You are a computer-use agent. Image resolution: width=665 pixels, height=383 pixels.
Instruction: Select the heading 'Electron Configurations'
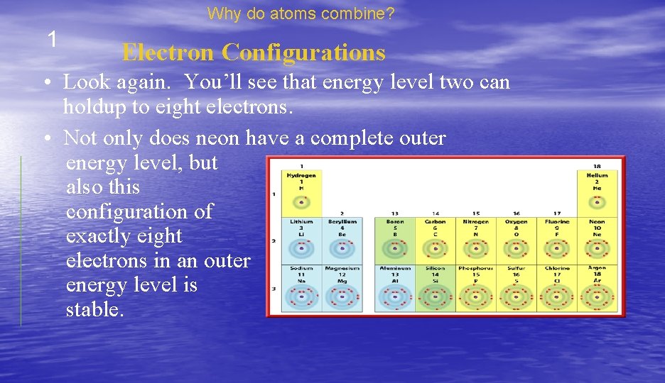254,52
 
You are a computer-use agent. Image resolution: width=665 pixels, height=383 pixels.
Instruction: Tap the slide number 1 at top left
52,40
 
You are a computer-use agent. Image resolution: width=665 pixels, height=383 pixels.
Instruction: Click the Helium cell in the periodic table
597,188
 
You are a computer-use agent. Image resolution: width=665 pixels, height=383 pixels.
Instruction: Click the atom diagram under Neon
597,248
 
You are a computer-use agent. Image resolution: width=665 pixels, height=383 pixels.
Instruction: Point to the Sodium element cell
302,287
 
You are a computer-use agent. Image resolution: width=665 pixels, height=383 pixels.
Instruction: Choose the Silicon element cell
435,287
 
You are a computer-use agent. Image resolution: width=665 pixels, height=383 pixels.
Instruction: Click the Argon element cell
597,287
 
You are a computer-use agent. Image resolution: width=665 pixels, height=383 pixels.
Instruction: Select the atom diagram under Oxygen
516,248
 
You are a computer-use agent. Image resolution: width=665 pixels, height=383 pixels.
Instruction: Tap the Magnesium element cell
342,287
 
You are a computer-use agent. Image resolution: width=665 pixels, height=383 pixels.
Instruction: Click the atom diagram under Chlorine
556,296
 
